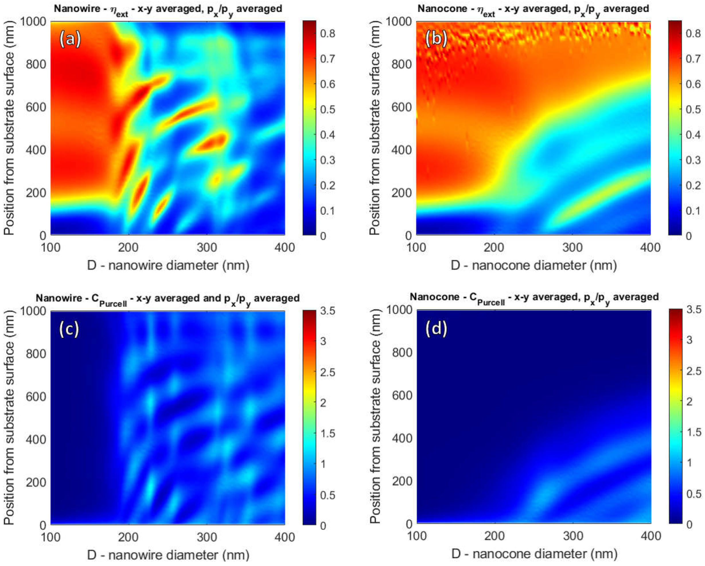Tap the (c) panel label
coord(69,329)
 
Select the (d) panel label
coord(436,329)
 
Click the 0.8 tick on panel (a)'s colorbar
coord(327,33)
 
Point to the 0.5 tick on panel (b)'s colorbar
coord(693,109)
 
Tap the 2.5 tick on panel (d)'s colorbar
coord(693,371)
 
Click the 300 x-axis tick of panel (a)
coord(207,247)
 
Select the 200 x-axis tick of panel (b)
coord(494,247)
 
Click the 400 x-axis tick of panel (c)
coord(285,537)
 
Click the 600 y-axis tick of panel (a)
coord(36,107)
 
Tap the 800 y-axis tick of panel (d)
coord(402,352)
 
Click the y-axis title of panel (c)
coord(10,417)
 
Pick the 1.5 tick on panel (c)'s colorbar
coord(327,434)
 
